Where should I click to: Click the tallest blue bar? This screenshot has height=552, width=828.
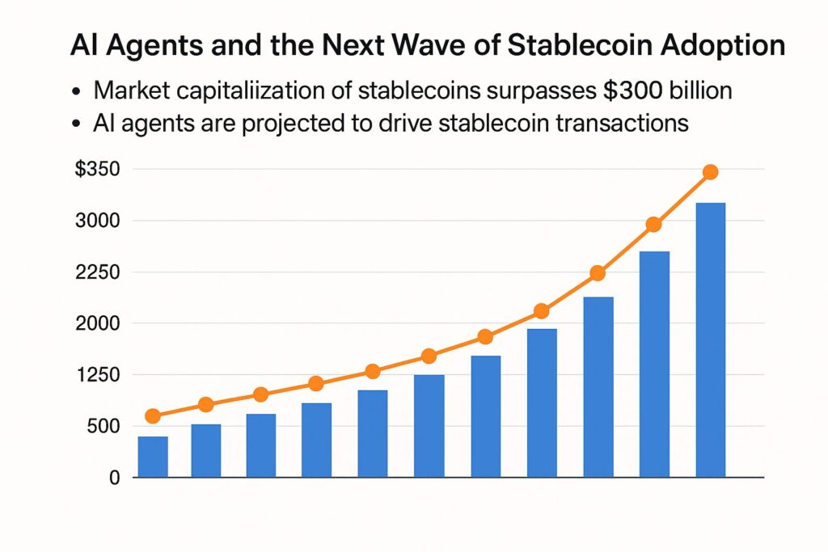pos(710,339)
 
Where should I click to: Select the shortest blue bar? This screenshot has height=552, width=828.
pos(153,457)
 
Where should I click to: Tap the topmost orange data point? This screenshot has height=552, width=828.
pos(710,172)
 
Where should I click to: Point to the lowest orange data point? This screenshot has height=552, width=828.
pos(153,416)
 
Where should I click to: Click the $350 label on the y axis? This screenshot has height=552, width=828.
pos(96,170)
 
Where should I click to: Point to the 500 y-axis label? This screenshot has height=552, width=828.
pos(103,426)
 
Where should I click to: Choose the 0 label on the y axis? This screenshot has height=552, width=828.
pos(114,478)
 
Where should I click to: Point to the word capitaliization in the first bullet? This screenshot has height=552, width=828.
pos(259,91)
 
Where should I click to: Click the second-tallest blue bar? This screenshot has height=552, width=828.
pos(654,364)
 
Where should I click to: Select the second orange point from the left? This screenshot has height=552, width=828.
pos(205,405)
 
